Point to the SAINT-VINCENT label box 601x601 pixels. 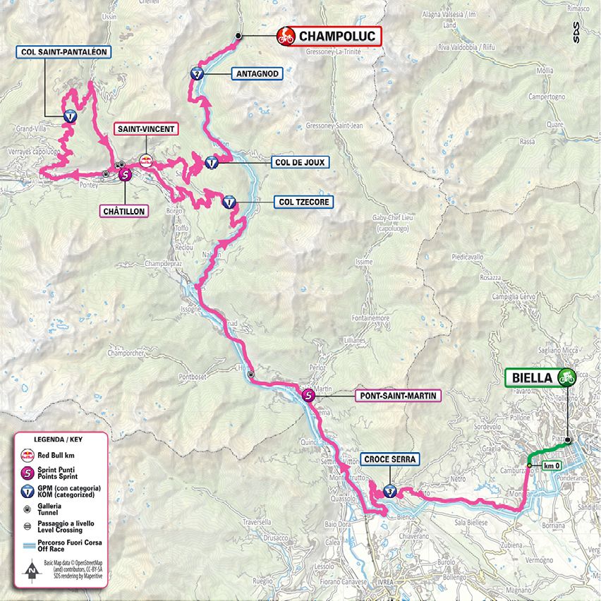click(x=145, y=128)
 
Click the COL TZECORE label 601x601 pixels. click(x=302, y=202)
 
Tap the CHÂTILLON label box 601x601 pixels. click(x=124, y=210)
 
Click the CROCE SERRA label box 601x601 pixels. click(x=391, y=459)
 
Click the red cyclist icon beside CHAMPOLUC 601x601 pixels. click(x=286, y=36)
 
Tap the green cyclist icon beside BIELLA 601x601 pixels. click(x=566, y=378)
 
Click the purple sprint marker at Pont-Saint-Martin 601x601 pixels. click(x=308, y=396)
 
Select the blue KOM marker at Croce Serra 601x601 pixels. click(x=390, y=491)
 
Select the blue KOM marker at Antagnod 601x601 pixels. click(x=197, y=75)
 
